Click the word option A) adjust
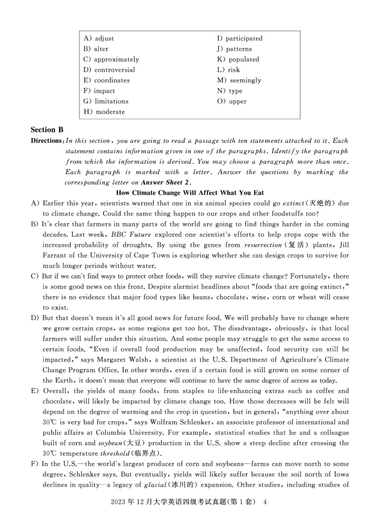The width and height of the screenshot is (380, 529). click(x=98, y=38)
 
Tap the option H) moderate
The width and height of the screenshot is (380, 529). click(x=104, y=112)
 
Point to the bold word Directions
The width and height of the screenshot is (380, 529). click(x=47, y=141)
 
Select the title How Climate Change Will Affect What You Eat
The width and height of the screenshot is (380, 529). click(x=190, y=193)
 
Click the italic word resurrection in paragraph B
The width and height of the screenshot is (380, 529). click(x=262, y=245)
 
